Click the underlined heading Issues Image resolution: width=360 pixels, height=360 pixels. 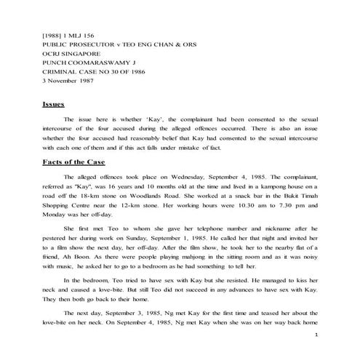(x=55, y=105)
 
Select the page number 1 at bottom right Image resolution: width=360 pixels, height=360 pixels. (x=317, y=335)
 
